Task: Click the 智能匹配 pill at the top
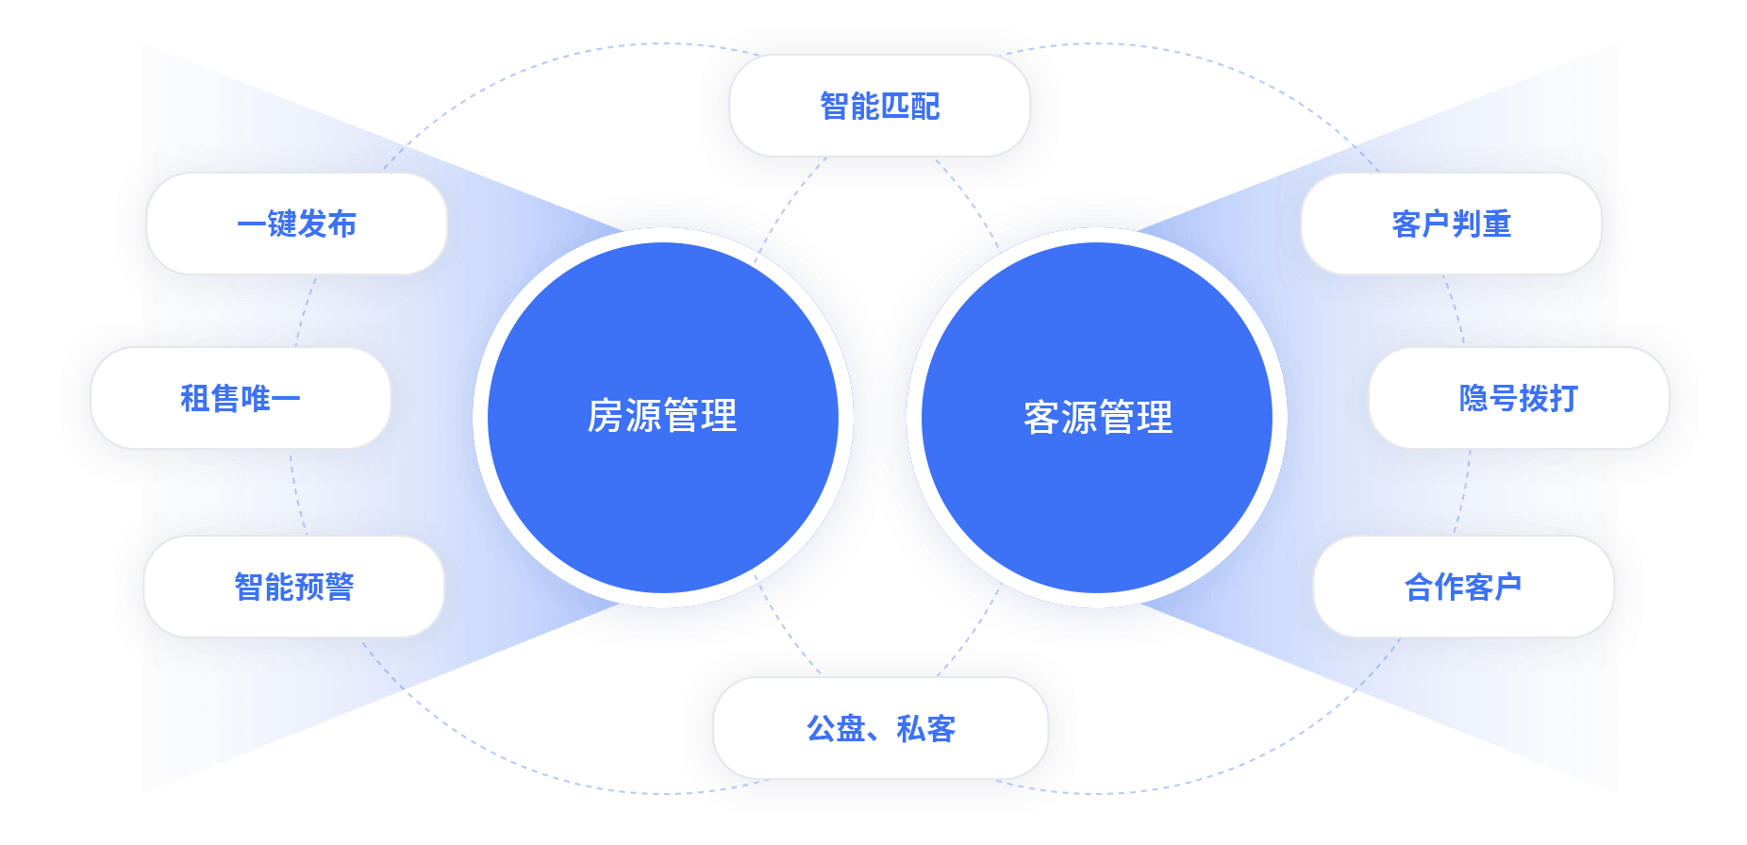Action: point(879,106)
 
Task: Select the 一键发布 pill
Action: point(296,224)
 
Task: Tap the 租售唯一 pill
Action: point(240,398)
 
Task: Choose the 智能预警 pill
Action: point(293,587)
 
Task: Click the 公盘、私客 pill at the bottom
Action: point(880,728)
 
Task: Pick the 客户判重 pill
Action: point(1451,224)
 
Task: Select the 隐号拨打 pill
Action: point(1518,398)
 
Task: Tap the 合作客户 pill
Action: point(1463,587)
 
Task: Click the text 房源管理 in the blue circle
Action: point(662,416)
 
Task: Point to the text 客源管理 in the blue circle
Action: point(1098,417)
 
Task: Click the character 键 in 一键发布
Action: point(281,224)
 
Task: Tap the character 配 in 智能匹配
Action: point(925,106)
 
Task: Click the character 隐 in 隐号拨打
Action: point(1473,398)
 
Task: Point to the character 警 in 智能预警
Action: point(340,587)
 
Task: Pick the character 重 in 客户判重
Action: point(1497,224)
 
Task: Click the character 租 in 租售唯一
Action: point(194,398)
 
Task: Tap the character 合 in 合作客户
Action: point(1419,587)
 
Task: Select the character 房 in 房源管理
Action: point(606,416)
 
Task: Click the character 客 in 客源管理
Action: point(1041,417)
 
